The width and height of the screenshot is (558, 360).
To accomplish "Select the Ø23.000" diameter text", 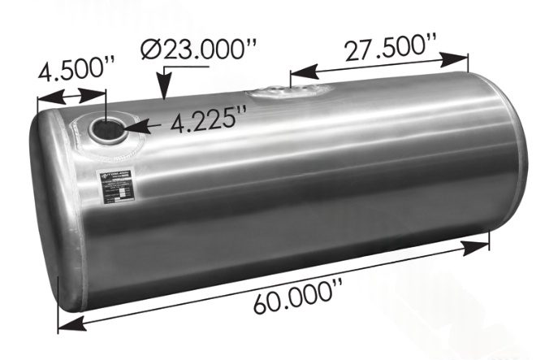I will click(198, 50).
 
